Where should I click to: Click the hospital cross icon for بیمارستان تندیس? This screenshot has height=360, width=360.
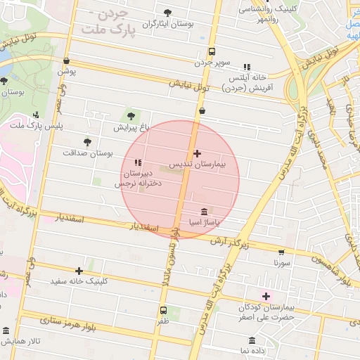coord(196,153)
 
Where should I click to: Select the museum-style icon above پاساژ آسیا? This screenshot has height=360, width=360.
coord(204,212)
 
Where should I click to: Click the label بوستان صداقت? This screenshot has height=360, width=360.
coord(88,153)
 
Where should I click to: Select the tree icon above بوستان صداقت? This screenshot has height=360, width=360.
coord(87,141)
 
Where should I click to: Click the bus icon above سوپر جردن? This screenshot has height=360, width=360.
coord(212,51)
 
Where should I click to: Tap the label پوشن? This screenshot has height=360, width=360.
coord(66,71)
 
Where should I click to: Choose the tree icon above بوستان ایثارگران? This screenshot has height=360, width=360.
coord(167,13)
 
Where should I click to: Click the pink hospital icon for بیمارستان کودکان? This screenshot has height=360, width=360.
coord(266,295)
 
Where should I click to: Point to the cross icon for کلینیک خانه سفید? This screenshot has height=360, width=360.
coord(79,271)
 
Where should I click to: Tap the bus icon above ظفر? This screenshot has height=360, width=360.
coord(163,310)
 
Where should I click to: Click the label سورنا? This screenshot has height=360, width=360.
coord(282,262)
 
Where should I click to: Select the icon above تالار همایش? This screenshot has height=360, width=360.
coord(6,330)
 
